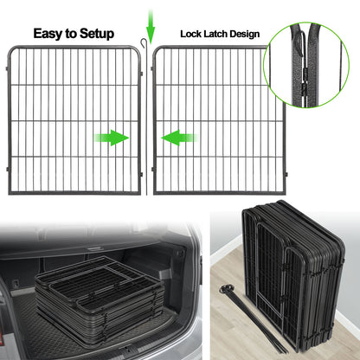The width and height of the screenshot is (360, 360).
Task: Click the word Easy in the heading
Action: (51, 35)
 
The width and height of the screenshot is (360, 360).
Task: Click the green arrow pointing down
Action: (150, 24)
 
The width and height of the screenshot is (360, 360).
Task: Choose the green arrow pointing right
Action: (115, 137)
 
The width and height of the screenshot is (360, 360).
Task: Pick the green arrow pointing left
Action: (176, 137)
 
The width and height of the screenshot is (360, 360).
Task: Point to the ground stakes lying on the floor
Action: (246, 321)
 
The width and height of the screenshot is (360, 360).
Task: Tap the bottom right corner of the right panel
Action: (267, 192)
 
